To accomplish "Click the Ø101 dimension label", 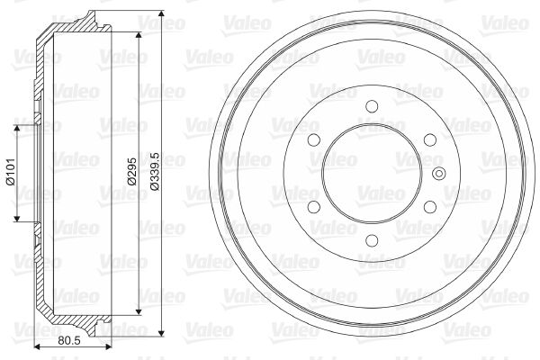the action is tap(11, 172).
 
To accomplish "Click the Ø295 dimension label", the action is tap(132, 171).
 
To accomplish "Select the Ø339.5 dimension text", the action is tap(156, 171).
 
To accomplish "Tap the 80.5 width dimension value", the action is tap(69, 341).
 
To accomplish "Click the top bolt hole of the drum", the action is tap(372, 106).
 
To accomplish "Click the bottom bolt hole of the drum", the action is tap(372, 240).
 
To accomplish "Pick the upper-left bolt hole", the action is tap(314, 139).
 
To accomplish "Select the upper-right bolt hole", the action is tap(430, 139).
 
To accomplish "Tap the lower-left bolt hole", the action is tap(314, 207).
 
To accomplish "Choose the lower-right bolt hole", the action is tap(430, 207).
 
